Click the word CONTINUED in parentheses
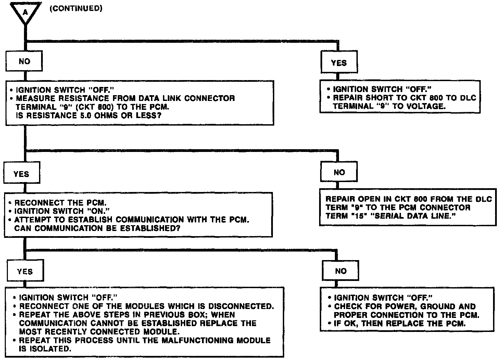(76, 9)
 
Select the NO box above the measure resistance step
(24, 61)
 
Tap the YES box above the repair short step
(339, 63)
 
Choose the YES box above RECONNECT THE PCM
(21, 174)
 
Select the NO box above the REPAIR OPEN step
(339, 172)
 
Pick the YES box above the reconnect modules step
(25, 272)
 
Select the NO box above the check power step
(341, 271)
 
